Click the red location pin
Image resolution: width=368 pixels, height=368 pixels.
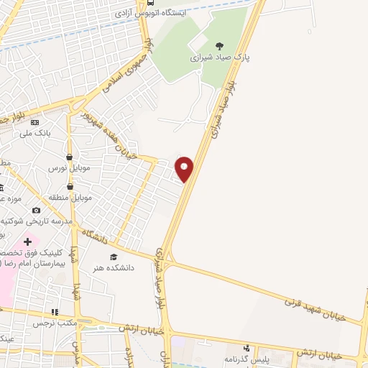tap(185, 168)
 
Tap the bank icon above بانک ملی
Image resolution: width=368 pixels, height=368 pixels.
tap(34, 122)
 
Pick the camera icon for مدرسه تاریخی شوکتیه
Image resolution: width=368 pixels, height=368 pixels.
tap(36, 211)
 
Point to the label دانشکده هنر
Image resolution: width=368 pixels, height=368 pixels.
tap(113, 267)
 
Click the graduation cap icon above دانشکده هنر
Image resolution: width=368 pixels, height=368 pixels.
tap(112, 257)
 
